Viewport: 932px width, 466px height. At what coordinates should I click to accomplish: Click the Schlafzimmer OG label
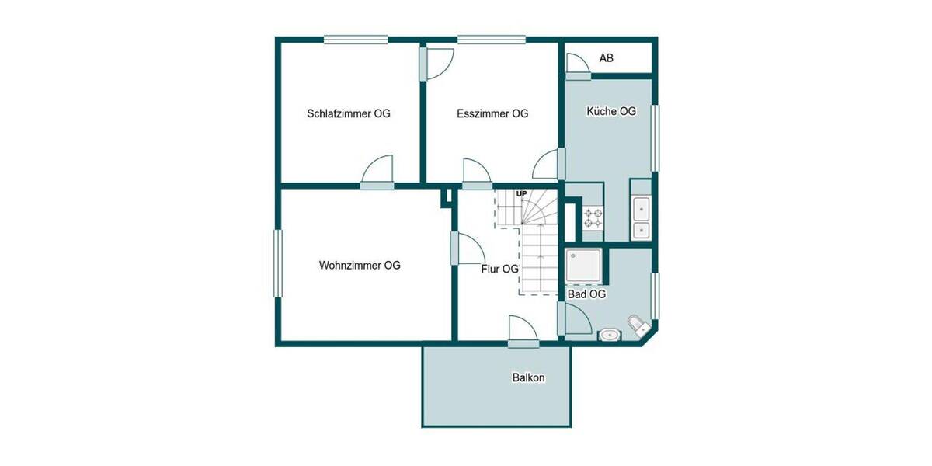[x=348, y=113]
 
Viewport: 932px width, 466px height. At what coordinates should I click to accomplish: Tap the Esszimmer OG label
[x=492, y=113]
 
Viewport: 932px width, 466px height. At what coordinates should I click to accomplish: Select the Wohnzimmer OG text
[x=360, y=266]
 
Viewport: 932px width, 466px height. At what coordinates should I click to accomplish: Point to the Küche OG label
[x=610, y=112]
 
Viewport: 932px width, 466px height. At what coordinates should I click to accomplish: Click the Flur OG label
[x=499, y=270]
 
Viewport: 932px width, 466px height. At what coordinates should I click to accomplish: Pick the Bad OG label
[x=586, y=294]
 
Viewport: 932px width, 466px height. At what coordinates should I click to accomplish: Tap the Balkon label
[x=528, y=378]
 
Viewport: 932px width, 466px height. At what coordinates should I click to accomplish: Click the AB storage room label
[x=607, y=58]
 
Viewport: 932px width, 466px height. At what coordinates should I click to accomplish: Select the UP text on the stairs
[x=521, y=193]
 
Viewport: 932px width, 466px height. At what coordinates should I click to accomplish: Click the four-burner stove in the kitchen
[x=593, y=217]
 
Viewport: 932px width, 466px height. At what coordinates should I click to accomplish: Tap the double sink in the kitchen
[x=642, y=219]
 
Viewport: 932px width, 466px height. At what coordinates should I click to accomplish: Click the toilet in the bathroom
[x=638, y=325]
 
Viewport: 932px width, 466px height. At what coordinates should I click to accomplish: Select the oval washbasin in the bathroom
[x=610, y=335]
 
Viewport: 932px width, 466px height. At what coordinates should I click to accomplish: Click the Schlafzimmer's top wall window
[x=356, y=39]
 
